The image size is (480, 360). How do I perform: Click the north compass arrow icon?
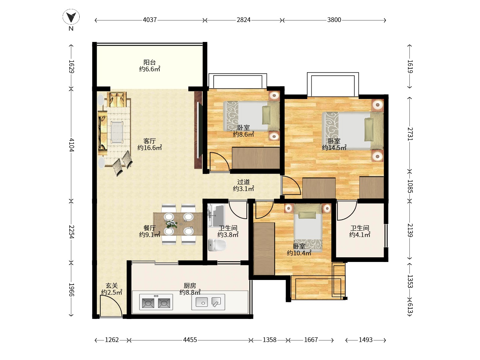(x=71, y=17)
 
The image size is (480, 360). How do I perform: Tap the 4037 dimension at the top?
(x=150, y=20)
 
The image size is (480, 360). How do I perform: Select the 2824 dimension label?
(x=243, y=20)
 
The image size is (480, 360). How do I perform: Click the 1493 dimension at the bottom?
(x=365, y=340)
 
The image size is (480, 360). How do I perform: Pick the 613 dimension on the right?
(x=410, y=308)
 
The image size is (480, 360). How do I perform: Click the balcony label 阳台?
(x=150, y=62)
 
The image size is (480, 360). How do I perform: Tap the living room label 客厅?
(x=150, y=141)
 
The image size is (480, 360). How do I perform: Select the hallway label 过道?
(x=243, y=182)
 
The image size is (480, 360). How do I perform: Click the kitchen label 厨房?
(x=190, y=285)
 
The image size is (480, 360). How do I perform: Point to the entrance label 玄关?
(x=112, y=285)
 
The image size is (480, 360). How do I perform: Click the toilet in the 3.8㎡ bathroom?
(x=217, y=245)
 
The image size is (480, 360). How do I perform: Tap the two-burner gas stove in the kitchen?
(x=156, y=302)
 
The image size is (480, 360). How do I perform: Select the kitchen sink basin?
(x=202, y=302)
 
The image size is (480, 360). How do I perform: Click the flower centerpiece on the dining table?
(x=172, y=224)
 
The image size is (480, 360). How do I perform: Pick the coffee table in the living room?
(x=117, y=132)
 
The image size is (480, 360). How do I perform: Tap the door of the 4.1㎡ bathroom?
(x=347, y=211)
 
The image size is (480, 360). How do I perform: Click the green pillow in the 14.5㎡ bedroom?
(x=369, y=129)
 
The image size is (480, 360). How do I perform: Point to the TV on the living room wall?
(x=199, y=130)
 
